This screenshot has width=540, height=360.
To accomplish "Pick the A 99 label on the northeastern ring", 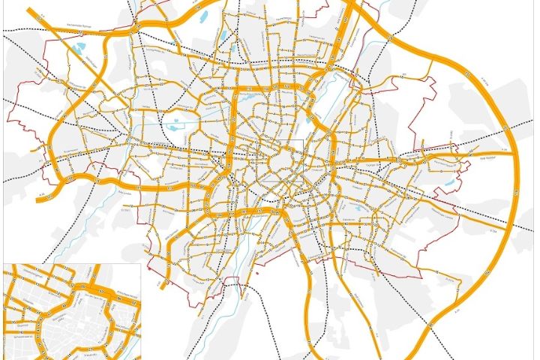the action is [467, 75].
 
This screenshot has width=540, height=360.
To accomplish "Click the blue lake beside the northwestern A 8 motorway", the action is [79, 50].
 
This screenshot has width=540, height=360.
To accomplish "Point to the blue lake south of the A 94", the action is [448, 181].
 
